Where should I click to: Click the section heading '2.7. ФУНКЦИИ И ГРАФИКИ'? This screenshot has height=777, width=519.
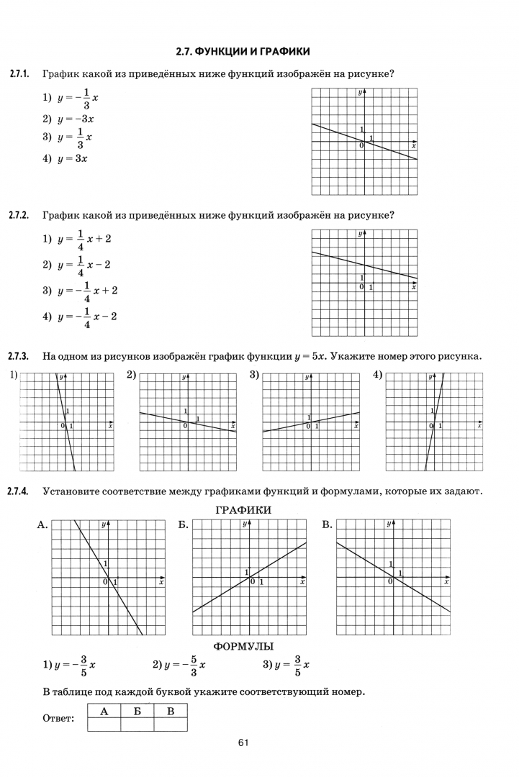[243, 52]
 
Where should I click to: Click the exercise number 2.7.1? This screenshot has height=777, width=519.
[19, 74]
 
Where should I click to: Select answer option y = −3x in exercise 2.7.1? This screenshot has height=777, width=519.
[69, 119]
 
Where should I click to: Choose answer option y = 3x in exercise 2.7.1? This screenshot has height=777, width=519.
[66, 159]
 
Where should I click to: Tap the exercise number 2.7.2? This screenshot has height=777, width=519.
[19, 215]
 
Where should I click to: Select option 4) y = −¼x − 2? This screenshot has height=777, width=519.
[79, 317]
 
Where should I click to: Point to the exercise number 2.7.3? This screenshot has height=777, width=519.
[19, 356]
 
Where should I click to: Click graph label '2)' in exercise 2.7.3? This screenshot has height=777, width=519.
[132, 375]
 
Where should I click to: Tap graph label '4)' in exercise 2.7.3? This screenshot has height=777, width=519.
[378, 375]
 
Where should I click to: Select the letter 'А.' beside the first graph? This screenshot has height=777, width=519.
[42, 525]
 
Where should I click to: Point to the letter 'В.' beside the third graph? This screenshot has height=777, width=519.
[328, 525]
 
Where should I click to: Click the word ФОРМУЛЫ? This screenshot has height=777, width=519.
[243, 647]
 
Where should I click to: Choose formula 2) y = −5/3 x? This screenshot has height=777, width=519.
[179, 665]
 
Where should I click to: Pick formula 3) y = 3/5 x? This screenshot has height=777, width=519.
[286, 665]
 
